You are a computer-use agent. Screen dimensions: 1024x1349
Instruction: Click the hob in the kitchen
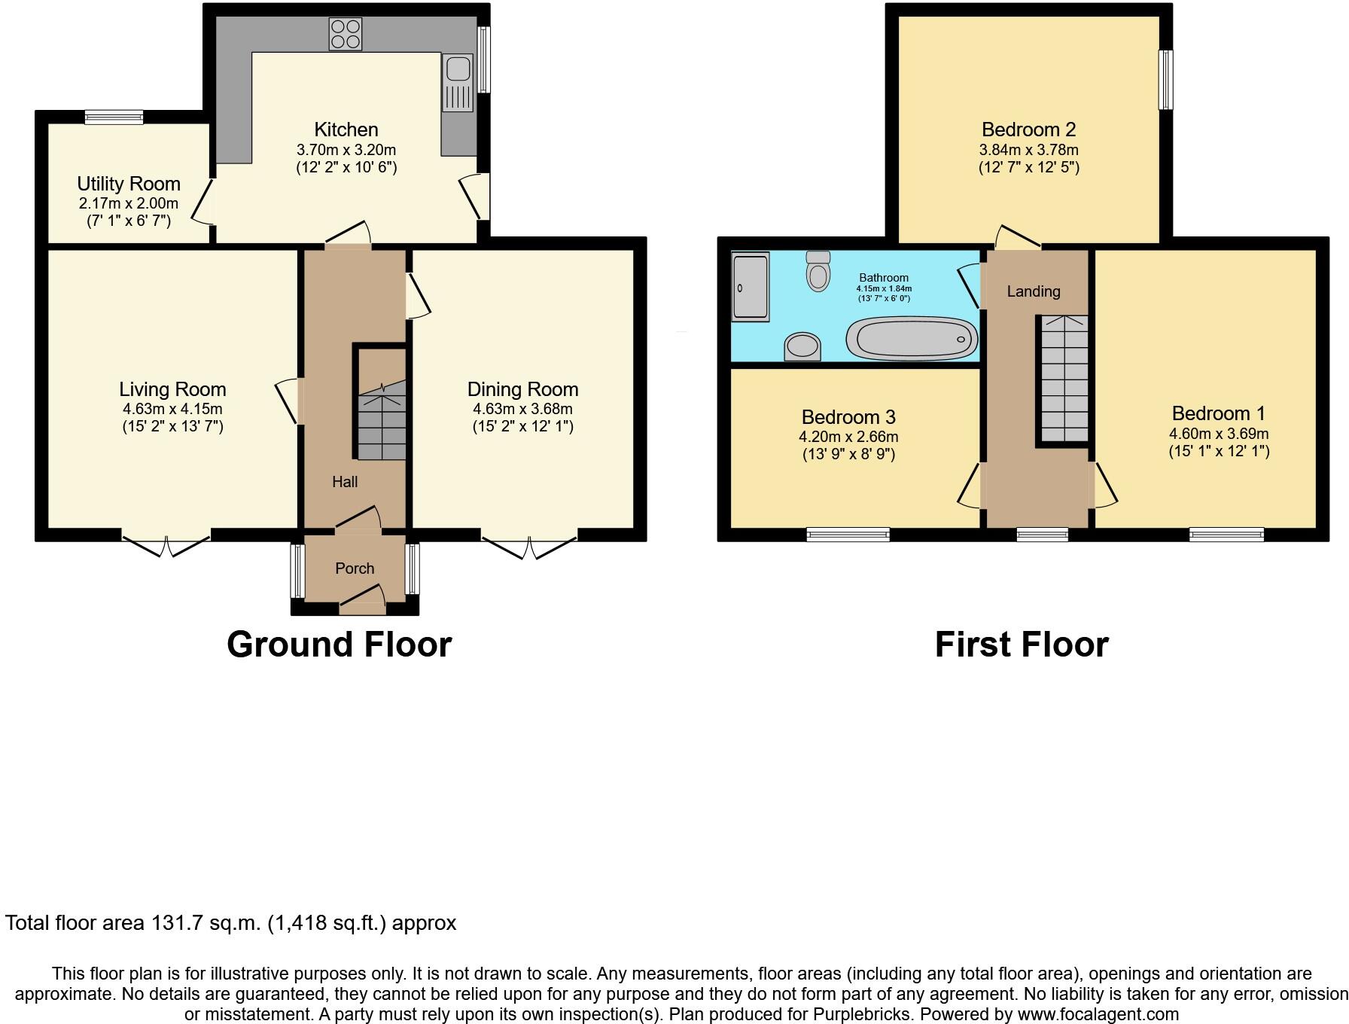(345, 34)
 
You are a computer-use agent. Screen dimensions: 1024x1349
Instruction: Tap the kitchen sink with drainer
(458, 83)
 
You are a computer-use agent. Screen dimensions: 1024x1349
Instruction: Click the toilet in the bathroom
(818, 271)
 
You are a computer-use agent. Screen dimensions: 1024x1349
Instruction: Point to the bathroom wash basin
(802, 347)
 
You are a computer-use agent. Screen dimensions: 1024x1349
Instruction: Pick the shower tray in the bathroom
(750, 287)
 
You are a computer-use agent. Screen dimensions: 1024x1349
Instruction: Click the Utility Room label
(129, 184)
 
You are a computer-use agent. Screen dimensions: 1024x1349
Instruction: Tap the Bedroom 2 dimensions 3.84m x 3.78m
(1029, 150)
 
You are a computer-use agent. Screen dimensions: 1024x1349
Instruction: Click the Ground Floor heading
(339, 645)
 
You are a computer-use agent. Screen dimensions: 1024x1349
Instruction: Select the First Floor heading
(1022, 645)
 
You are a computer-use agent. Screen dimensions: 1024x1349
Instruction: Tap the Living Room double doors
(166, 544)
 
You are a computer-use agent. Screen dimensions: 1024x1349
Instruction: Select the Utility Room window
(114, 117)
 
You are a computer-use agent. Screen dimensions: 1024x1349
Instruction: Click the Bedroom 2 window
(1165, 80)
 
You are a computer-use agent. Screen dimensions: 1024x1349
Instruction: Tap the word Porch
(355, 568)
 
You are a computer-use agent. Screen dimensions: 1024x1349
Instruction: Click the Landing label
(1034, 291)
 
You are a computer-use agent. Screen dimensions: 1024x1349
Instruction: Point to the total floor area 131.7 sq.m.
(230, 923)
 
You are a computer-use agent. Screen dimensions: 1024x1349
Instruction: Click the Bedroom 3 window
(848, 535)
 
